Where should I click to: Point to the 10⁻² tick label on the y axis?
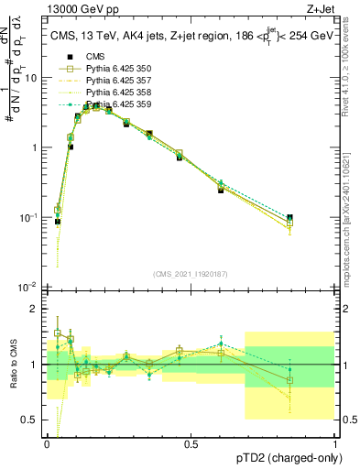(29, 288)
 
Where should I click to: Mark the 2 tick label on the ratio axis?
(35, 309)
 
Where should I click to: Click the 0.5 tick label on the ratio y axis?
(30, 420)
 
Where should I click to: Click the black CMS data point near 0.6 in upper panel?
(221, 190)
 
